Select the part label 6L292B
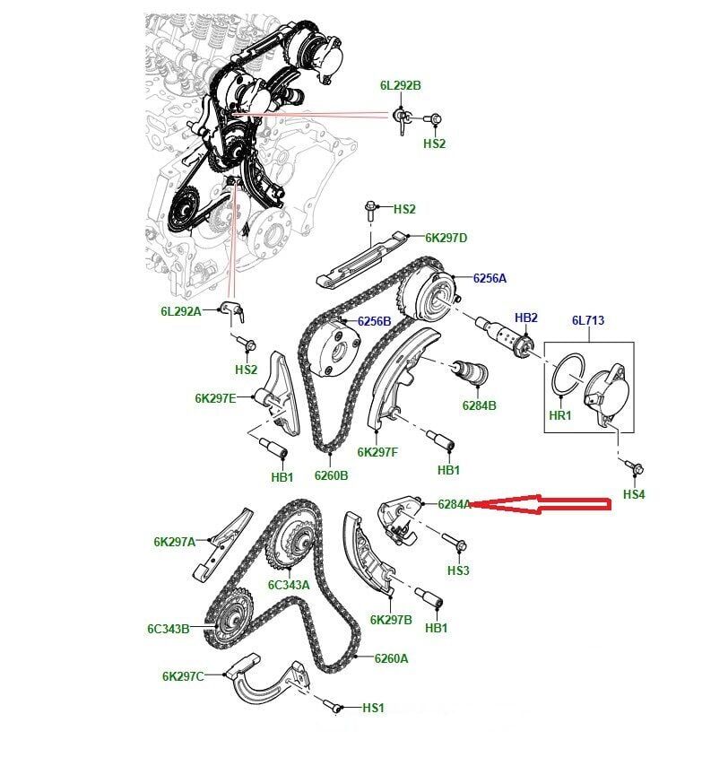(400, 86)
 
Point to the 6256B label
(374, 321)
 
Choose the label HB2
(525, 318)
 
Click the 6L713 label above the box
(589, 321)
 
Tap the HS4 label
(634, 494)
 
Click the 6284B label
(479, 405)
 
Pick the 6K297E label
(215, 398)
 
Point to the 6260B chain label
(331, 475)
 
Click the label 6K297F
(377, 452)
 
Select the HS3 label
(457, 570)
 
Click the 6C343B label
(169, 629)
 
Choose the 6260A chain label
(391, 658)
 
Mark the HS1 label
(373, 709)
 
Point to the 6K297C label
(183, 676)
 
